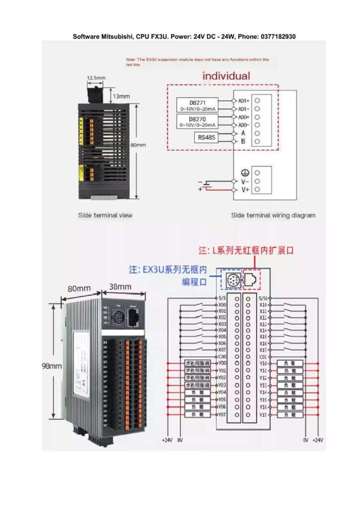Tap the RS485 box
[206, 138]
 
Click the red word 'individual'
[226, 76]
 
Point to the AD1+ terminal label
[244, 100]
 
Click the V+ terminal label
[245, 189]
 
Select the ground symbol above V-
[244, 172]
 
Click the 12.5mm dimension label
[96, 78]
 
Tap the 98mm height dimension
[51, 366]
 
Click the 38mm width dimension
[120, 287]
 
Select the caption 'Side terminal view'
[105, 215]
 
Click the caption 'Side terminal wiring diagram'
[273, 215]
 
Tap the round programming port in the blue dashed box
[233, 280]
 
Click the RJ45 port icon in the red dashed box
[251, 280]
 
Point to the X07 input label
[222, 349]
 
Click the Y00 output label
[222, 363]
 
